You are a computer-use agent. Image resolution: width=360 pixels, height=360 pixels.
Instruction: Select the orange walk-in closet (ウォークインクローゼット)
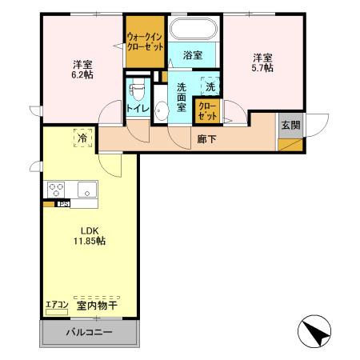(x=145, y=42)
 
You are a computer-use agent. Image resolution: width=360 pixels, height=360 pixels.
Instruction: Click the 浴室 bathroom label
(x=192, y=55)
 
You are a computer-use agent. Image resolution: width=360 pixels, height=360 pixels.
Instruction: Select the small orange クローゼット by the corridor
(x=206, y=110)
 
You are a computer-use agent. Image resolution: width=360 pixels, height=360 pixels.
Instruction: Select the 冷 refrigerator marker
(x=82, y=138)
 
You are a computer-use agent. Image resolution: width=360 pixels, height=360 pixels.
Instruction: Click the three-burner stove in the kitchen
(x=57, y=190)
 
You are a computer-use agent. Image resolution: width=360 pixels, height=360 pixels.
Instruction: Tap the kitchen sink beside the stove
(x=86, y=190)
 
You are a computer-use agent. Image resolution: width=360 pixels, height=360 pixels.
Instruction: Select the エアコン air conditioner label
(x=57, y=305)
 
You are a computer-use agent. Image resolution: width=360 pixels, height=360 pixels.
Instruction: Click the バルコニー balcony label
(x=89, y=333)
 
